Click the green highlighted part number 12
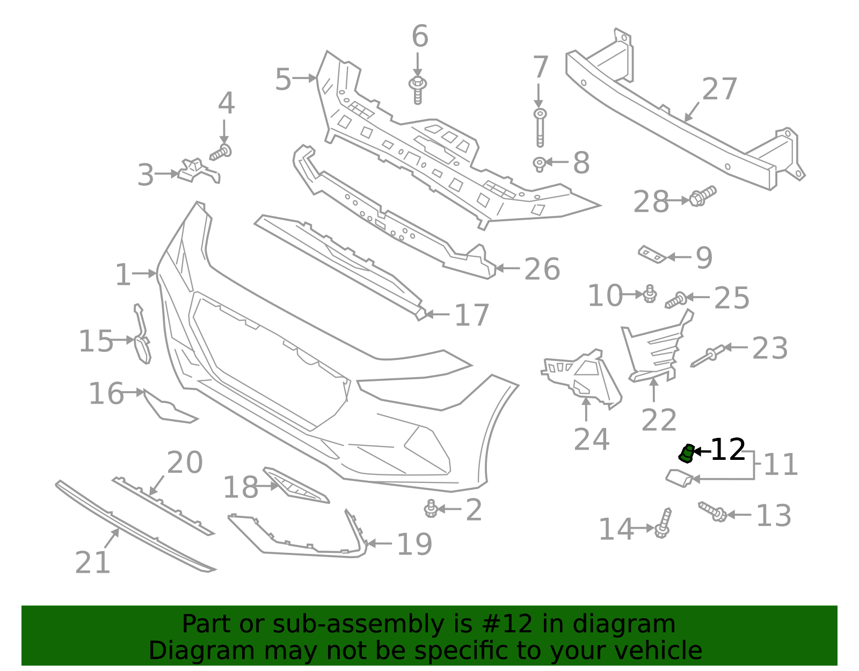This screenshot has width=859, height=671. click(x=686, y=453)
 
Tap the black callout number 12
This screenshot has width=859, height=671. click(x=728, y=450)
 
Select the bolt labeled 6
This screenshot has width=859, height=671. click(x=418, y=90)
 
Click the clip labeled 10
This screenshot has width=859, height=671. click(x=650, y=294)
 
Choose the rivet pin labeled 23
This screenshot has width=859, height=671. click(x=708, y=356)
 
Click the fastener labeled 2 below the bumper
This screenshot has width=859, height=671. click(x=431, y=508)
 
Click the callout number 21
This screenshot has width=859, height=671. click(x=92, y=562)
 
